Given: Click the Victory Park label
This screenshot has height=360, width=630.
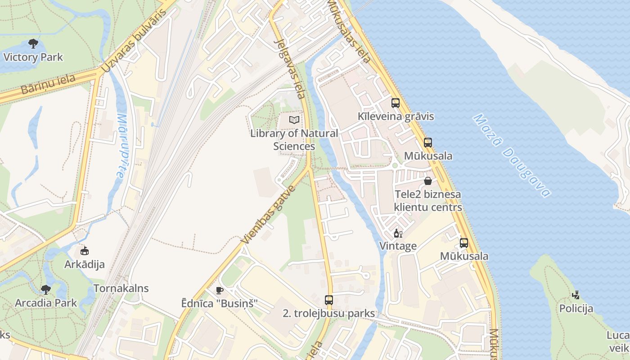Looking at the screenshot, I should [33, 57].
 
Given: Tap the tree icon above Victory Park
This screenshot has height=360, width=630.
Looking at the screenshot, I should [33, 44].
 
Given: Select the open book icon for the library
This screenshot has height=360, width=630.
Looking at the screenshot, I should [294, 120].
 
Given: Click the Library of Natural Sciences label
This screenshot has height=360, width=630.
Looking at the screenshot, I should [294, 139].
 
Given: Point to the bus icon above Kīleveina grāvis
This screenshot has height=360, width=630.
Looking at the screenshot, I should [395, 103].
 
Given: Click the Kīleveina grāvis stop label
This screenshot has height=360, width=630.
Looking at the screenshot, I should [396, 117].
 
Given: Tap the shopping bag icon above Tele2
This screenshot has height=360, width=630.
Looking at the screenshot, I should [427, 181].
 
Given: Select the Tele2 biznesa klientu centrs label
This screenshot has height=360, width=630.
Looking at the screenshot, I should [427, 201].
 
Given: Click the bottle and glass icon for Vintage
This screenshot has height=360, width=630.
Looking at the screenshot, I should [398, 233].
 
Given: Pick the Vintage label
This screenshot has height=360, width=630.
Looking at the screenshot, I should [398, 246].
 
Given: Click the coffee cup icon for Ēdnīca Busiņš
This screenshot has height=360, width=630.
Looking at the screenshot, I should [219, 290].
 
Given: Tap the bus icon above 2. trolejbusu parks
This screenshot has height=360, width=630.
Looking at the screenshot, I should [329, 300].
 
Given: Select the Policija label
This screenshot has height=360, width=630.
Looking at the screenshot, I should [576, 309].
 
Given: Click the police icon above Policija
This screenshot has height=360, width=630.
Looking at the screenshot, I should [576, 295].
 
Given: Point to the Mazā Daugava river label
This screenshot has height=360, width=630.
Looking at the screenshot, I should [512, 156].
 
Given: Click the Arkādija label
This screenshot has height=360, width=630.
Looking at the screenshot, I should [84, 265].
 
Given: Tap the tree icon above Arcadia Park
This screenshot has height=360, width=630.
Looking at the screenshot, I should [45, 289].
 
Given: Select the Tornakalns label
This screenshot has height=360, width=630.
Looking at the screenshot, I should [121, 288].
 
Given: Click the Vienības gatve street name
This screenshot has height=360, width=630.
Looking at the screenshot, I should [268, 215].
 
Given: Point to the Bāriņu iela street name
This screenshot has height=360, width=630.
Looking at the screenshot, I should [48, 84].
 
